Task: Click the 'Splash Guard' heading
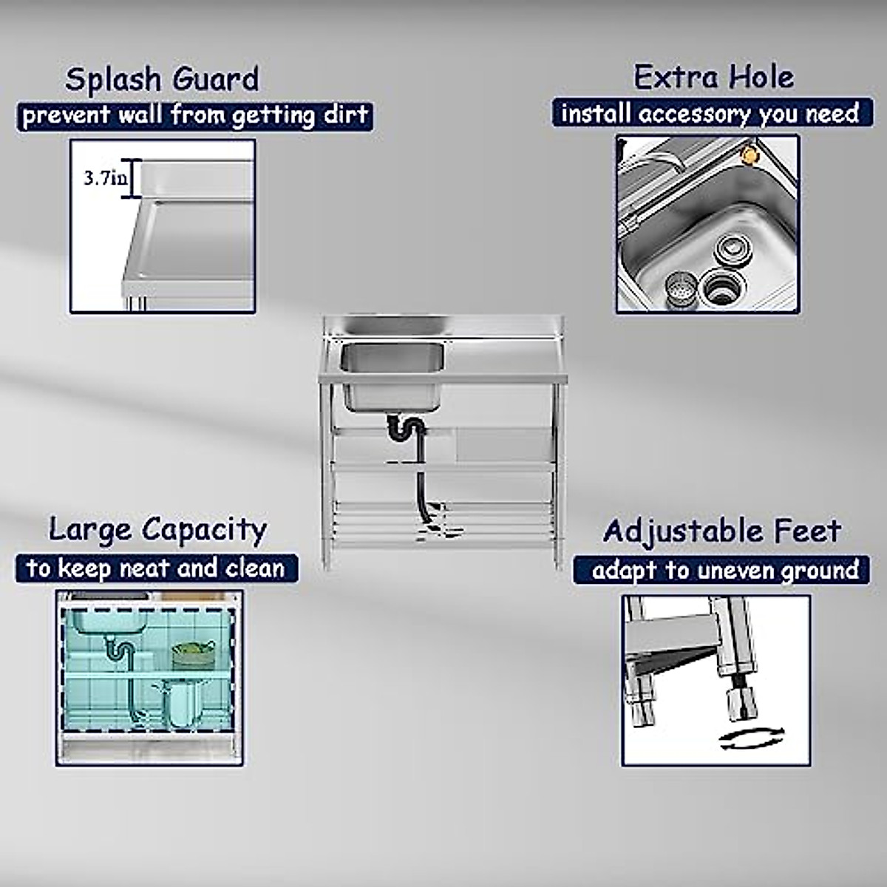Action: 162,79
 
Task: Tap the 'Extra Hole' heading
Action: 713,77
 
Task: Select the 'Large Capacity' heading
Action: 157,530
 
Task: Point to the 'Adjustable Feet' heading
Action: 721,531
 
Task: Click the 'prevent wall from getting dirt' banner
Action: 194,116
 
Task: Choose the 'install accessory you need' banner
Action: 709,114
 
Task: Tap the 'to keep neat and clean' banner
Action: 156,568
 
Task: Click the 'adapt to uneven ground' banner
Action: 724,571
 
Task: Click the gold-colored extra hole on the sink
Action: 751,154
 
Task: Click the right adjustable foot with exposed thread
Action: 737,699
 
